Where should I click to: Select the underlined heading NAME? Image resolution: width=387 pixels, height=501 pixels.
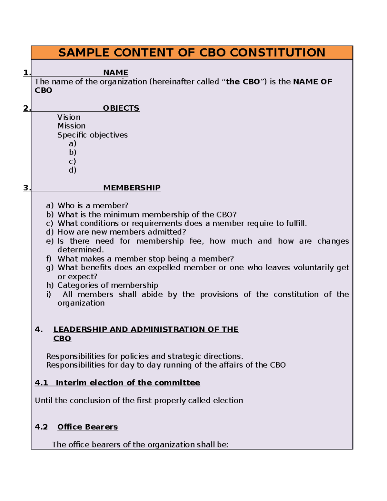(x=115, y=73)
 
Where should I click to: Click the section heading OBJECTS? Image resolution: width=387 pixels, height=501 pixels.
(x=121, y=108)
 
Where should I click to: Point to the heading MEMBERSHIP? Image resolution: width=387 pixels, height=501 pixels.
(x=132, y=188)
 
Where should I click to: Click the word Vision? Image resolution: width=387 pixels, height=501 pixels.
(x=69, y=117)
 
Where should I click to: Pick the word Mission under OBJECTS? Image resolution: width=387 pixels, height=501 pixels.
(x=71, y=126)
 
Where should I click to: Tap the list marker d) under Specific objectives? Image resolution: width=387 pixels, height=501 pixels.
(x=73, y=170)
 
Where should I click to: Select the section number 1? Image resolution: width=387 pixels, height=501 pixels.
(x=27, y=73)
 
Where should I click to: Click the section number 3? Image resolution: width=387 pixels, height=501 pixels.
(x=27, y=188)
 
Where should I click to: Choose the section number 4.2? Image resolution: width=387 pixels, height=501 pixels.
(x=41, y=427)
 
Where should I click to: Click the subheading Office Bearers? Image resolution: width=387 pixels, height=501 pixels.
(x=87, y=427)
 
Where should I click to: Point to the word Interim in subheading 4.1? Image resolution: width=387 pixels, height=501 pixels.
(x=71, y=383)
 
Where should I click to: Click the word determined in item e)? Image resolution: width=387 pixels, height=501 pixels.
(x=80, y=250)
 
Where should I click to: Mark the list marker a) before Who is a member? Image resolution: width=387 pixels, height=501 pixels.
(x=50, y=205)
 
